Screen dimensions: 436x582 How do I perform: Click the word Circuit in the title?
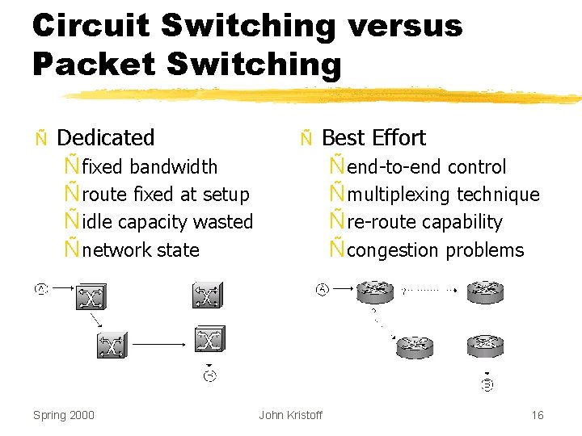click(91, 26)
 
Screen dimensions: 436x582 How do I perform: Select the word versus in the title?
click(405, 26)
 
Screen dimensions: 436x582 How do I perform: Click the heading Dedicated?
click(106, 138)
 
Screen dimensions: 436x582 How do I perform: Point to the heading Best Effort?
click(373, 138)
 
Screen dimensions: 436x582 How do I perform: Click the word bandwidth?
click(173, 167)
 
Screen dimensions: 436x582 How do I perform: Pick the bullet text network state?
click(141, 250)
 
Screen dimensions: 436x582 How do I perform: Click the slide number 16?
click(538, 415)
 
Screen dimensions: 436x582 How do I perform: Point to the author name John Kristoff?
click(290, 415)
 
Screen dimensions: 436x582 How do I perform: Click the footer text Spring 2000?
click(64, 415)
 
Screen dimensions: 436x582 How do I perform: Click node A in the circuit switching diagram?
click(40, 289)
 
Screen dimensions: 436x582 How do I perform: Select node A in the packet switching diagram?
click(323, 288)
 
